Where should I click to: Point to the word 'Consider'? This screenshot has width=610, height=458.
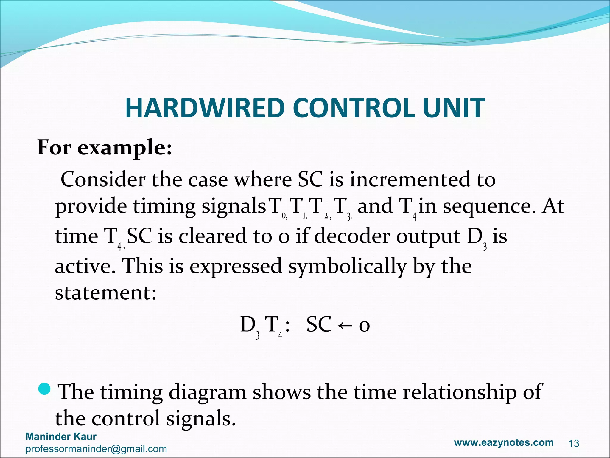(103, 180)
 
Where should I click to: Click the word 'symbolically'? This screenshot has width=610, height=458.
(347, 266)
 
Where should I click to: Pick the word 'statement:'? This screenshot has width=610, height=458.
(106, 293)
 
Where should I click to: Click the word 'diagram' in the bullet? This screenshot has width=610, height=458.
(207, 392)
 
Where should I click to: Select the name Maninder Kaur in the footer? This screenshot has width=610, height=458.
(61, 437)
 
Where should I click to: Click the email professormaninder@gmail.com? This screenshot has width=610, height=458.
(96, 449)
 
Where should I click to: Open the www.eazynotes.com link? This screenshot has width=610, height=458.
(504, 442)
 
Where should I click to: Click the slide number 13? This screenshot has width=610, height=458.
(574, 444)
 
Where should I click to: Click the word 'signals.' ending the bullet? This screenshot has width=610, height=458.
(199, 419)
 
